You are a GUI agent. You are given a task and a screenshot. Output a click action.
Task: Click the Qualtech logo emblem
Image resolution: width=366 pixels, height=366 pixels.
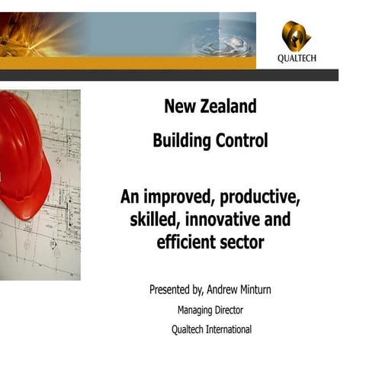(296, 35)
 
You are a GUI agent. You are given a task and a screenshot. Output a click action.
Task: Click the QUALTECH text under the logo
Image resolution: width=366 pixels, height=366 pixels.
(296, 59)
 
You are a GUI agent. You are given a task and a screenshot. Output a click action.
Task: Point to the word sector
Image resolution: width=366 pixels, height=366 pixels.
(242, 243)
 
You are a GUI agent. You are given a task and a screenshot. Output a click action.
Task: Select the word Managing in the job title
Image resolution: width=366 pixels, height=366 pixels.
(197, 310)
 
